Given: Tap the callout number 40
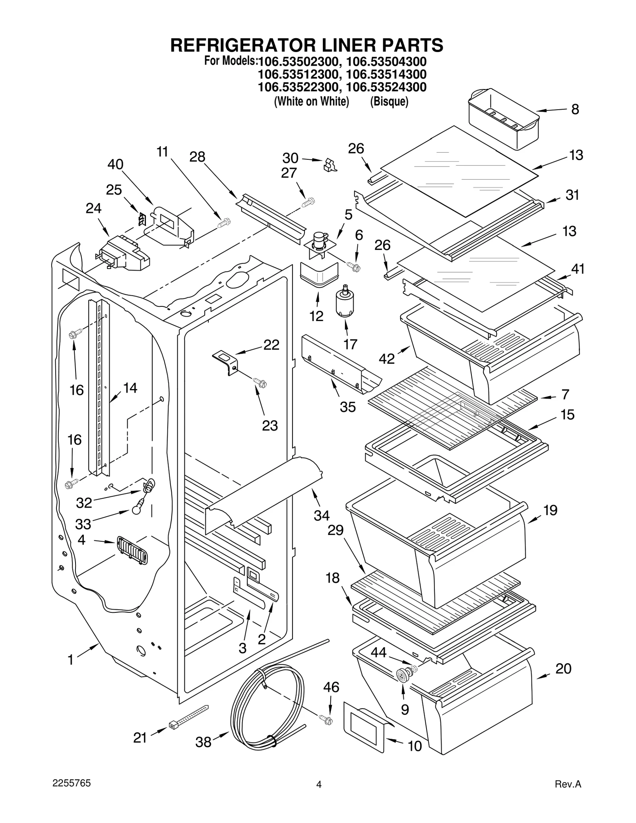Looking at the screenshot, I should point(115,164).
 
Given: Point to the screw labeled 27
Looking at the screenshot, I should point(308,202).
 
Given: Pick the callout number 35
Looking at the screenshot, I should point(347,407).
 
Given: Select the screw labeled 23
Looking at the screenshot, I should point(261,383).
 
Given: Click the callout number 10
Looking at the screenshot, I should point(415,746).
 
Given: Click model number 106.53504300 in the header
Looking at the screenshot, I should point(386,62).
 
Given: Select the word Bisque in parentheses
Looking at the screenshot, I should point(389,102).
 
